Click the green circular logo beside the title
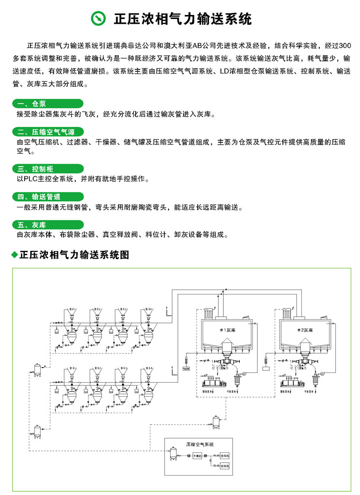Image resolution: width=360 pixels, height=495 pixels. pyautogui.click(x=99, y=19)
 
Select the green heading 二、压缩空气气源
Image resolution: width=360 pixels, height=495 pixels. pyautogui.click(x=50, y=132)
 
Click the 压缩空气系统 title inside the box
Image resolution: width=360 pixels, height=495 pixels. pyautogui.click(x=200, y=444)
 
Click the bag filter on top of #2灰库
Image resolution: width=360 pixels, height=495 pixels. pyautogui.click(x=287, y=313)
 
